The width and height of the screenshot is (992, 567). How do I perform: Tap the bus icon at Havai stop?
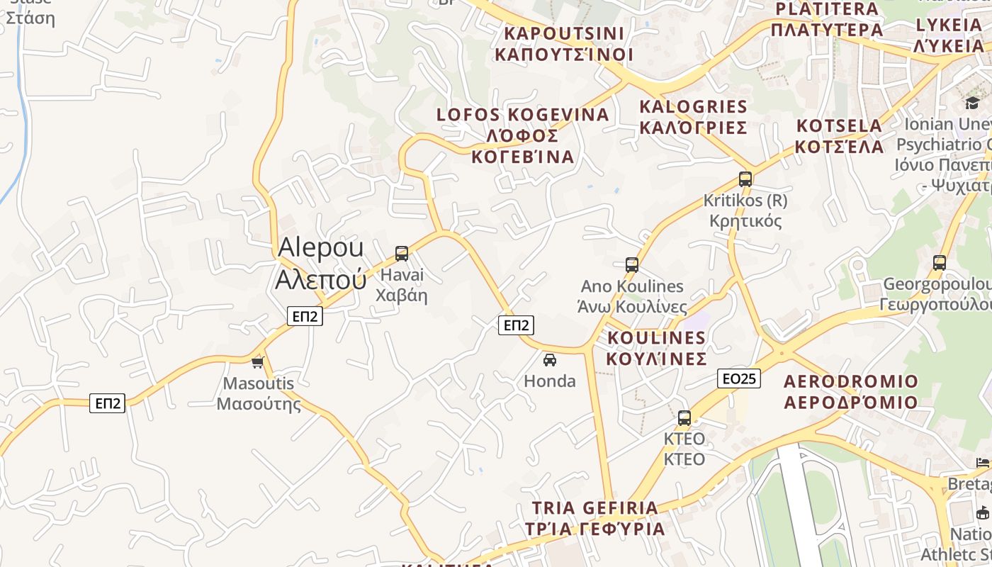coord(402,253)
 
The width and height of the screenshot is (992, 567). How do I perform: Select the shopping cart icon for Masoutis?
coord(257,363)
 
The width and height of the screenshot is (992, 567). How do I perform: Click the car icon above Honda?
coord(550,360)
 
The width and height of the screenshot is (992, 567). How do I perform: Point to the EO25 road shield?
coord(738,378)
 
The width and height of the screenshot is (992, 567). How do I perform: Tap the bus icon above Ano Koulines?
coord(632,265)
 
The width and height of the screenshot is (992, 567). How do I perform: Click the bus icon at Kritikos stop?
coord(745,179)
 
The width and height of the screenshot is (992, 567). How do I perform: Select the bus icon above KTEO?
coord(684,417)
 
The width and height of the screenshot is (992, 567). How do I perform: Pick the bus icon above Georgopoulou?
coord(940,263)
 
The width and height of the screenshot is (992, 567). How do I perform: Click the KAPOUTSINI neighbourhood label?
coord(564,44)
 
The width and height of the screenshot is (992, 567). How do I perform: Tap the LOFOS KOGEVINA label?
coord(523,135)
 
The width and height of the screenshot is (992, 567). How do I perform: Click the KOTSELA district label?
coord(840,136)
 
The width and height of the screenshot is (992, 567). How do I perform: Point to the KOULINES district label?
coord(657,347)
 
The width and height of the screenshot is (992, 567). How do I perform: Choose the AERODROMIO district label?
coord(851,392)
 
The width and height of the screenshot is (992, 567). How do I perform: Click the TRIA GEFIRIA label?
coord(595,518)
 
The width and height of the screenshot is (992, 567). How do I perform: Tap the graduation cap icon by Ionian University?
coord(972,103)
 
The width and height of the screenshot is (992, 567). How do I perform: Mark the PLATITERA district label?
coord(827,19)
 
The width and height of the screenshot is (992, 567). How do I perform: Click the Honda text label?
coord(550,381)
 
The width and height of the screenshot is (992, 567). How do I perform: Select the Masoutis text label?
coord(259,394)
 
